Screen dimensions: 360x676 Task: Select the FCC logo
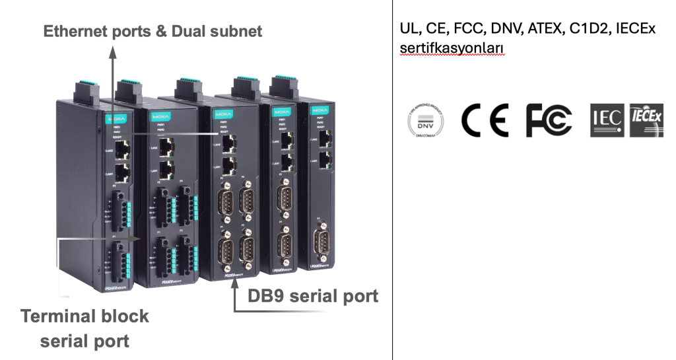point(548,120)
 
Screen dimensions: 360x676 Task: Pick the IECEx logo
point(646,120)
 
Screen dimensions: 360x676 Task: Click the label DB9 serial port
point(313,295)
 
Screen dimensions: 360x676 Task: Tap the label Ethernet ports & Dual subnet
point(153,31)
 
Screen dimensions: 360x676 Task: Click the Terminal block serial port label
point(84,328)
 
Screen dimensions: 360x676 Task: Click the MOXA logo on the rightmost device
point(320,109)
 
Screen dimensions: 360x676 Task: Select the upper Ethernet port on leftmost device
point(122,150)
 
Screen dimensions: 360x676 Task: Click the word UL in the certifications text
point(407,29)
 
